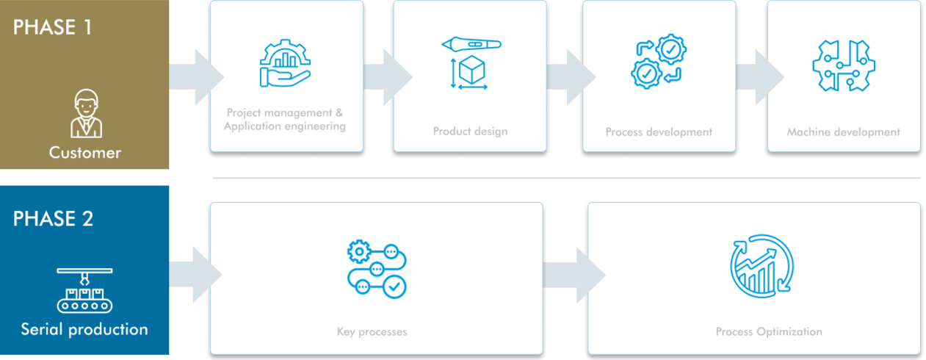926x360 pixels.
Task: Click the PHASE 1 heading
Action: tap(52, 28)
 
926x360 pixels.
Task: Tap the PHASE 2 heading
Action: tap(54, 218)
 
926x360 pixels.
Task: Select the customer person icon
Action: tap(86, 113)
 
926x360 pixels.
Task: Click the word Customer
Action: tap(85, 153)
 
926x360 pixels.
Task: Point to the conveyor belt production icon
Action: tap(84, 290)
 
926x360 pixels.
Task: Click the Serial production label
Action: tap(84, 329)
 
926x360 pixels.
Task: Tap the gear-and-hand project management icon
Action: tap(285, 63)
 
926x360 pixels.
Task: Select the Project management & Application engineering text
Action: tap(285, 119)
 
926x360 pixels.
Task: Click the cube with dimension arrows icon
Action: tap(471, 63)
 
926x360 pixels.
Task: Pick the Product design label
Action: tap(470, 132)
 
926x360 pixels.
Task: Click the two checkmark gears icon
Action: tap(659, 61)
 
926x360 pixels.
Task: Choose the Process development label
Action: tap(659, 132)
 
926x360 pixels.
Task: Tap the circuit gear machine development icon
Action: tap(844, 65)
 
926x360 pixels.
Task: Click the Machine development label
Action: tap(843, 132)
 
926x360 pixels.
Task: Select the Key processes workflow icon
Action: tap(377, 269)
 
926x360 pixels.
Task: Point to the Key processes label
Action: tap(372, 332)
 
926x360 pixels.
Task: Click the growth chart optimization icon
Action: tap(762, 266)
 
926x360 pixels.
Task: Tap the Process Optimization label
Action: tap(769, 332)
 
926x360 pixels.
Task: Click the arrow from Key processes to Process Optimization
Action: tap(574, 276)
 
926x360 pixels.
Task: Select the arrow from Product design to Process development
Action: tap(571, 77)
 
